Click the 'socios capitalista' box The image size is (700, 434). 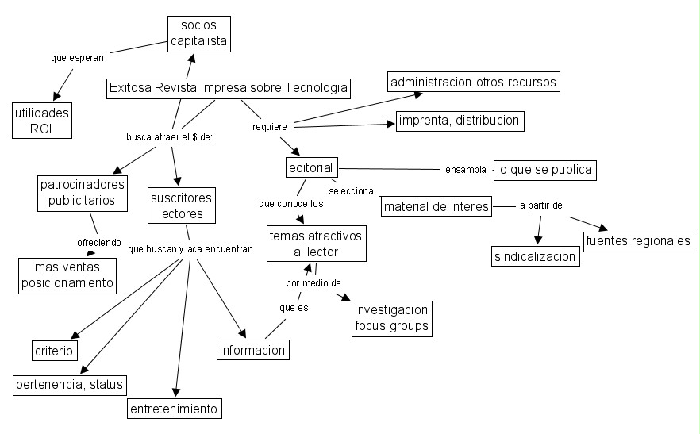tap(198, 33)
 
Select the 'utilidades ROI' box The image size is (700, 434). tap(41, 121)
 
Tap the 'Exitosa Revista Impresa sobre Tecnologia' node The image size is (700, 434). tap(228, 88)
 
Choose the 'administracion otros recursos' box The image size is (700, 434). tap(473, 82)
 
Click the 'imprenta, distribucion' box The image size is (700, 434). tap(460, 121)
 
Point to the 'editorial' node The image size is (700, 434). tap(312, 167)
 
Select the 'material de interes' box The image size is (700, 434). tap(436, 207)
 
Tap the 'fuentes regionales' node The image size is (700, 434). tap(638, 240)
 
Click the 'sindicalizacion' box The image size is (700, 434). tap(536, 257)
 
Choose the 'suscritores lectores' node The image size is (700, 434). tap(182, 205)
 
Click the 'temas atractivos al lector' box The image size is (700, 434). tap(315, 244)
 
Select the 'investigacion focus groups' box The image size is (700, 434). tap(391, 317)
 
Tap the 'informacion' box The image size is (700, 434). tap(252, 349)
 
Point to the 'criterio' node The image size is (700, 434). tap(54, 350)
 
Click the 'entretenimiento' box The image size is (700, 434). tap(175, 409)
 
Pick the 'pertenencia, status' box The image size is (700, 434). tap(70, 385)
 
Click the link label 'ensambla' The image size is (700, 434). tap(465, 169)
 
